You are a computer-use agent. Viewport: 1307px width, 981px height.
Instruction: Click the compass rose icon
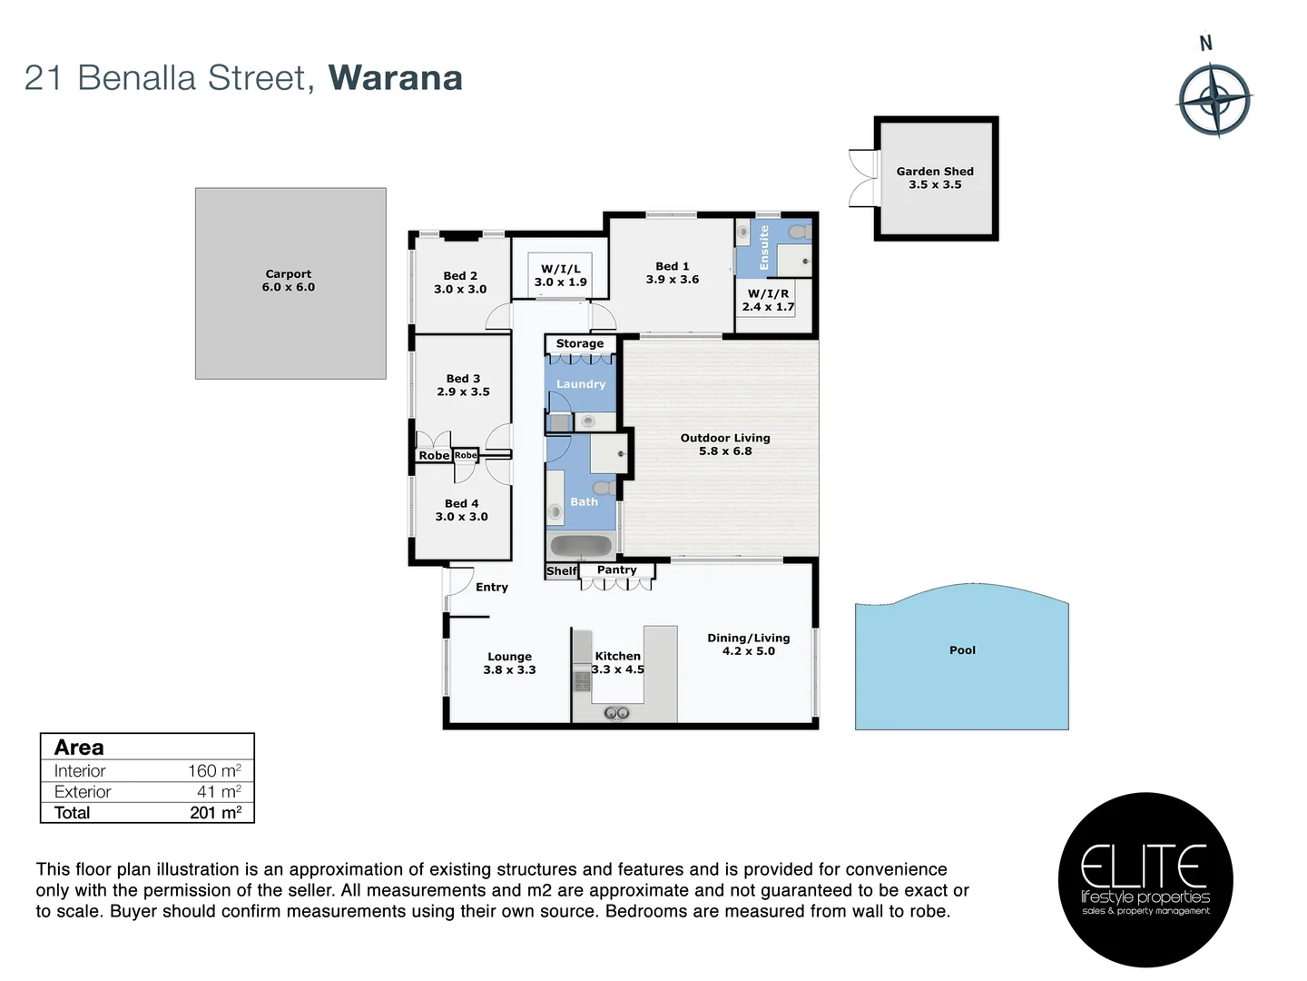[1214, 99]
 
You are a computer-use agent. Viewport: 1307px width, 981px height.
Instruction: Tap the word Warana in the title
[396, 78]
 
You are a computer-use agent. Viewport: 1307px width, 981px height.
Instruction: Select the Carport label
[289, 273]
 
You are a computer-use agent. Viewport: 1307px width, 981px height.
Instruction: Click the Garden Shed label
[935, 171]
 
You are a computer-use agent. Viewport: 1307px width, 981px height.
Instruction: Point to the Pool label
[962, 650]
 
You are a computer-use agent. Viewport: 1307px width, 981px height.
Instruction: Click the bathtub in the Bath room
[581, 545]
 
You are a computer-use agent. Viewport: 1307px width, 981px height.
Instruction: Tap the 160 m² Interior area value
[214, 770]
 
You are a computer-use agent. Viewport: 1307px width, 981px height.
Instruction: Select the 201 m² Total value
[215, 813]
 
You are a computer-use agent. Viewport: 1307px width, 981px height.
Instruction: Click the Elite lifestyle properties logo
[1145, 879]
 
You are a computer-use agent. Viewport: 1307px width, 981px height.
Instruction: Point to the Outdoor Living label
[725, 438]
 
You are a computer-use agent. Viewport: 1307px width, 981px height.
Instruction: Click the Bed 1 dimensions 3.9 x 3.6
[673, 280]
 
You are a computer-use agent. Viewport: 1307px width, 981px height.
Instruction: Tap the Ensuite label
[764, 247]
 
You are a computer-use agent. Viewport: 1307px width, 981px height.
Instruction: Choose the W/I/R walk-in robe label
[768, 293]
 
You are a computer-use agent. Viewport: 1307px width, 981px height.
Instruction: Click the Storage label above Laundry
[580, 343]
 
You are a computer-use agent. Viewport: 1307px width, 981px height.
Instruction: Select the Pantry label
[617, 570]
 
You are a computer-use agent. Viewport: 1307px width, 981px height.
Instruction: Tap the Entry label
[492, 588]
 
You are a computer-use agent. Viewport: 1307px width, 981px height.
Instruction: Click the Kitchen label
[618, 656]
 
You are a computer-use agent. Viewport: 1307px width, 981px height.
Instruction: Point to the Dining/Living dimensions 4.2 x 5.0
[749, 651]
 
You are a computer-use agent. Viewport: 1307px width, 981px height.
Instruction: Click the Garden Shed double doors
[859, 177]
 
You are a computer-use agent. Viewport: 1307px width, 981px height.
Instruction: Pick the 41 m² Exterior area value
[219, 792]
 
